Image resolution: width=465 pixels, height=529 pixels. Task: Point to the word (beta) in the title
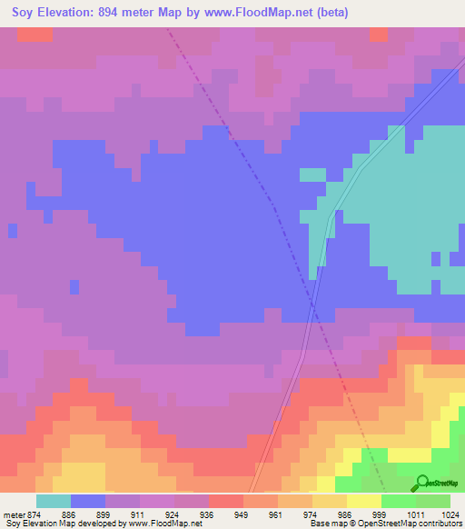coord(331,12)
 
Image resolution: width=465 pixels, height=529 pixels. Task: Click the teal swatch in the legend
coord(53,501)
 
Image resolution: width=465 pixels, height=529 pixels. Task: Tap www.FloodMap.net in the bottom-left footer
coord(163,524)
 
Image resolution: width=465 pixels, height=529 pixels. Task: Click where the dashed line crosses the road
coord(312,304)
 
